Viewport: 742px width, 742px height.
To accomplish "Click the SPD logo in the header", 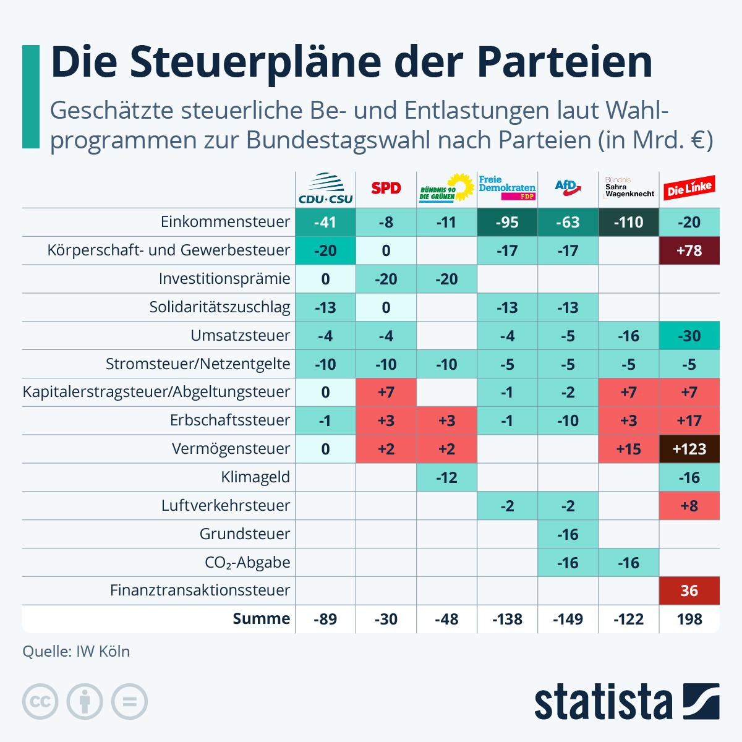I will (x=386, y=188).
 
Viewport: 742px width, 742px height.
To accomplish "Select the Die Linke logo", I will (x=689, y=188).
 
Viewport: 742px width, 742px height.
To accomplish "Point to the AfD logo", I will (x=568, y=187).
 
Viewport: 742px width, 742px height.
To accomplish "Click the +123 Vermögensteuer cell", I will (x=689, y=449).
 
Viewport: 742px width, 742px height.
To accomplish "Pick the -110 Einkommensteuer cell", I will (x=628, y=222).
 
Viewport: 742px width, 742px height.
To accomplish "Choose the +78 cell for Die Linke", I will (x=689, y=250).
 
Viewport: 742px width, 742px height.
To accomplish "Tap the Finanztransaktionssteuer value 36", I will (x=689, y=591).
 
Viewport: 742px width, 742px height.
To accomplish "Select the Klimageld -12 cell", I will (x=446, y=477).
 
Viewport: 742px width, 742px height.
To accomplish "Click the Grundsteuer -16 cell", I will (x=568, y=534).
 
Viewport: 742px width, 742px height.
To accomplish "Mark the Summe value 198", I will (x=689, y=619).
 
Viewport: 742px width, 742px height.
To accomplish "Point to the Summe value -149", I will (x=568, y=619).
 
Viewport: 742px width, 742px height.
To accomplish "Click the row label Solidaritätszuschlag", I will (x=220, y=307).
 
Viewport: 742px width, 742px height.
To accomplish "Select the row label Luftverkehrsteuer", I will (x=226, y=506).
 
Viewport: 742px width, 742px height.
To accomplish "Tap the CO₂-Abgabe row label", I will (x=247, y=563).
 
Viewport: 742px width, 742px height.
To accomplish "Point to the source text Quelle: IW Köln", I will (x=76, y=651).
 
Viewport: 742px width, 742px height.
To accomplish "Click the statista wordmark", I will (x=603, y=702).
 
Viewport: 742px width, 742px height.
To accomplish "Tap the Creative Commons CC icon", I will (x=40, y=702).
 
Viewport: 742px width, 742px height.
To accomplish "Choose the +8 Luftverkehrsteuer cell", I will (x=689, y=506).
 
